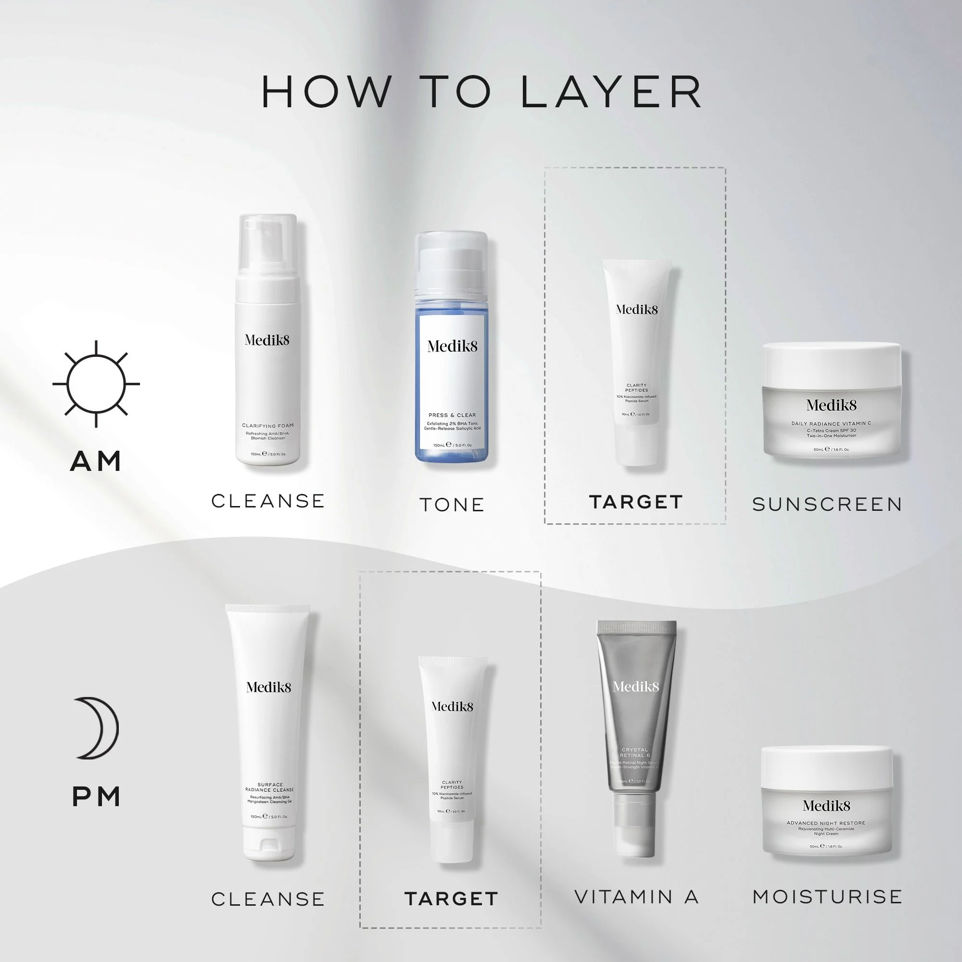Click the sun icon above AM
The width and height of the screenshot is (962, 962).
click(96, 384)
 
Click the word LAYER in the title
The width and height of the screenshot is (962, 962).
click(611, 93)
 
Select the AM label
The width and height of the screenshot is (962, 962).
click(96, 461)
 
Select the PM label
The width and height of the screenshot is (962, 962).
click(96, 797)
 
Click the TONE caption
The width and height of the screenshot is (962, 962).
click(452, 505)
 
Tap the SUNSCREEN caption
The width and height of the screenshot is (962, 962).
click(827, 505)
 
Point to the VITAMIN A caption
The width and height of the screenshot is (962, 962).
click(636, 897)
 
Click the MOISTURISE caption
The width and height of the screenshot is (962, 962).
click(827, 897)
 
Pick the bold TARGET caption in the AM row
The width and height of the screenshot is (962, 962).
click(636, 502)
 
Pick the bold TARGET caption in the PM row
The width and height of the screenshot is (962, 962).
click(451, 899)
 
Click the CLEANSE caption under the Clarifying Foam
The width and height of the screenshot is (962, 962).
click(268, 501)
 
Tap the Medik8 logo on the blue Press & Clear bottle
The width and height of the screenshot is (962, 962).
click(452, 346)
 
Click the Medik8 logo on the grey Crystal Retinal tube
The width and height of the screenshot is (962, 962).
click(636, 687)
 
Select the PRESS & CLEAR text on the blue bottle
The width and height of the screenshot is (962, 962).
click(452, 415)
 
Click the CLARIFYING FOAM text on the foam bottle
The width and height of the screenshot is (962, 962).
click(268, 426)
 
